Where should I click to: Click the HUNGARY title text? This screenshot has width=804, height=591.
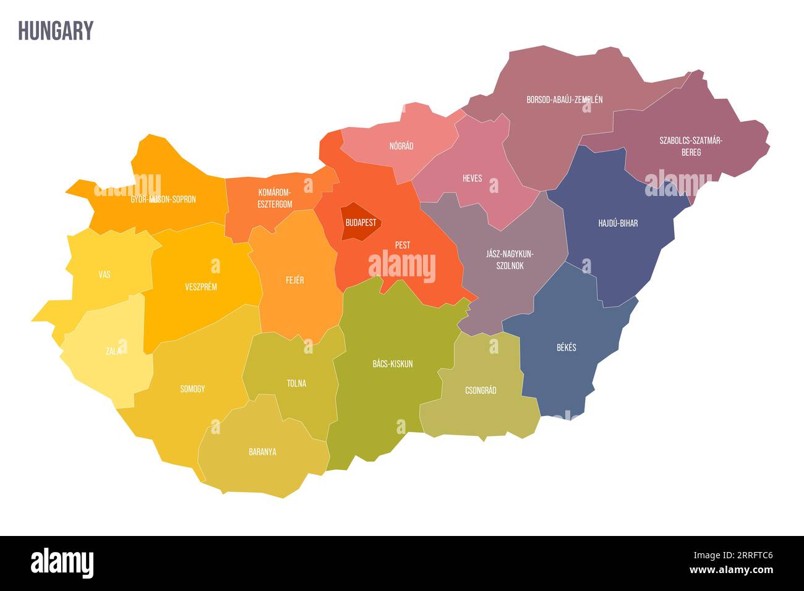(56, 31)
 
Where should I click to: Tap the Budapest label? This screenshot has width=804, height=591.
(361, 223)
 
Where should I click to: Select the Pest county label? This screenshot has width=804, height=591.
(403, 245)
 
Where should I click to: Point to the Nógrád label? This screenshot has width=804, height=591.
(401, 147)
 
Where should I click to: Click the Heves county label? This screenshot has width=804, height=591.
(472, 179)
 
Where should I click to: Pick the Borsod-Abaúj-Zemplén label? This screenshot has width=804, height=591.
(564, 100)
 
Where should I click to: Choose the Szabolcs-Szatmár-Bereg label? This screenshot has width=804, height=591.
(690, 147)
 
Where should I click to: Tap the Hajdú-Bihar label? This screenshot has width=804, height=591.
(618, 223)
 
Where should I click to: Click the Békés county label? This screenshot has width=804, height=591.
(566, 347)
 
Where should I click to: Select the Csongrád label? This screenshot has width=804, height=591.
(481, 391)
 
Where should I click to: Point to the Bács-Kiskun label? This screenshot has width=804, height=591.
(392, 364)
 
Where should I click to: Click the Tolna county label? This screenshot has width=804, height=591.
(296, 383)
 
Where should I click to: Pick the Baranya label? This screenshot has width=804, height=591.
(262, 452)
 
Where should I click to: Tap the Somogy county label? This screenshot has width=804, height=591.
(192, 389)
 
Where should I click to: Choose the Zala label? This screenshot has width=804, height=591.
(113, 351)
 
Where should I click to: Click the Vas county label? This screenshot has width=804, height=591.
(105, 274)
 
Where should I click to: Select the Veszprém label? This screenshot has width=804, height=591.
(201, 287)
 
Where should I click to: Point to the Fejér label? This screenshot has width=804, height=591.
(294, 280)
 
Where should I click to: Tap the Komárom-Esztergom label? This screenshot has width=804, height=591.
(275, 198)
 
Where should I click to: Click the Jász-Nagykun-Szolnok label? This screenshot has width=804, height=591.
(510, 260)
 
